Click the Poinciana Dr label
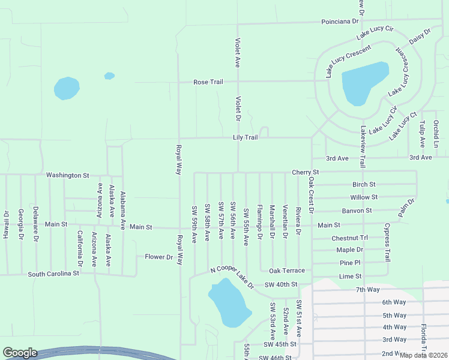(340, 20)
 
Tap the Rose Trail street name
(208, 82)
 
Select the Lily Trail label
(246, 137)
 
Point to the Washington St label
(67, 175)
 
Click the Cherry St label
(304, 172)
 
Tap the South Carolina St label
(53, 274)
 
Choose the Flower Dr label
(158, 257)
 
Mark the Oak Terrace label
(287, 271)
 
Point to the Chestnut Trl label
(349, 238)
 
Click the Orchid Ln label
(436, 134)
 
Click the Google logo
(20, 353)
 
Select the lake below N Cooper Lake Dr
(229, 302)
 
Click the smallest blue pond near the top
(109, 76)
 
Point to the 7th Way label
(367, 290)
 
